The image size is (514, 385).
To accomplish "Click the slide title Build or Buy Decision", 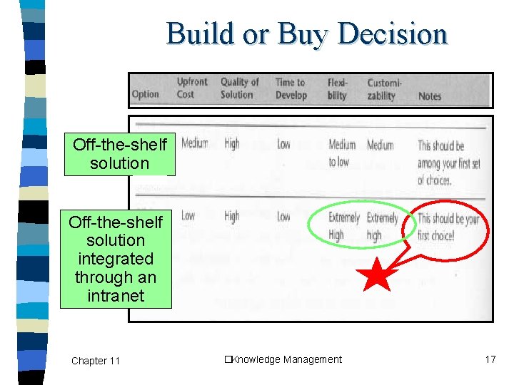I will [x=307, y=34].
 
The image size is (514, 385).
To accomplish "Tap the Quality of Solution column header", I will [x=239, y=88].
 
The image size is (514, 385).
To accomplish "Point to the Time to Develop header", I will [x=291, y=88].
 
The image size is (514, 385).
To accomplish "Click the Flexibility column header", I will [x=338, y=88].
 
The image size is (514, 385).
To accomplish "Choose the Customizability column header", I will [x=384, y=88].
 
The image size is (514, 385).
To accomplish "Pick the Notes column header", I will [x=429, y=96].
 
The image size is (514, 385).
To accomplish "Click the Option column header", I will [x=145, y=95].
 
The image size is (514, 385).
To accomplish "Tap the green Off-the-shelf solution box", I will [x=119, y=154].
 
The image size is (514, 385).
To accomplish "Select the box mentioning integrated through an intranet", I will [x=115, y=259].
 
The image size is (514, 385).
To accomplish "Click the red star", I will [x=377, y=274].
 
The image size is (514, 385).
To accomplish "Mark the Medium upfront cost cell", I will [x=194, y=144].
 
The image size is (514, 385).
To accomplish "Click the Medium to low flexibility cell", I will [x=341, y=153].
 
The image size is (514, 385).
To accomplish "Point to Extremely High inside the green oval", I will [x=346, y=226].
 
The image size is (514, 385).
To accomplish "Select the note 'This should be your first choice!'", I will [x=448, y=227].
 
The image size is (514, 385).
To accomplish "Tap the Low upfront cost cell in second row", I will [x=188, y=216].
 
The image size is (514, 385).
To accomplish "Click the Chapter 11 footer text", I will [x=96, y=361].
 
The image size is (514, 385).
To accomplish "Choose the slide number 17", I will [x=490, y=359].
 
